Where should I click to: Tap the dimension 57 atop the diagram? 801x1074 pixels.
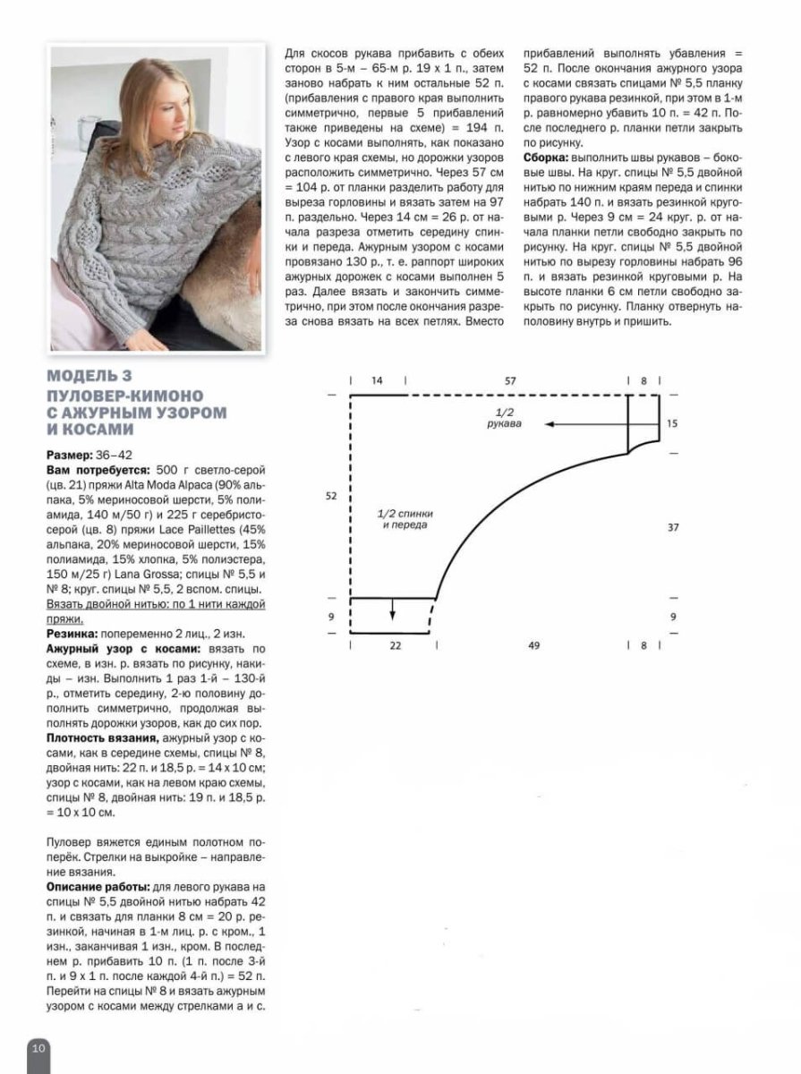(x=510, y=381)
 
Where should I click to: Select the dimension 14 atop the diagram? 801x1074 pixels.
(x=377, y=381)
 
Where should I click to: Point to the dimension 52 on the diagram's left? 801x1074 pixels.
(x=332, y=496)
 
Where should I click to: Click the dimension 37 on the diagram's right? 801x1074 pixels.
(x=673, y=528)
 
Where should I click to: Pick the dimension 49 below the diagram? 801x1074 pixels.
(x=534, y=644)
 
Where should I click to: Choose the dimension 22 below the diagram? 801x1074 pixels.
(x=395, y=644)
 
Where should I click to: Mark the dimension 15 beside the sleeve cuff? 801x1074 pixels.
(x=673, y=423)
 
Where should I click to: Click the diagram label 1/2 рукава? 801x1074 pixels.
(x=504, y=417)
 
